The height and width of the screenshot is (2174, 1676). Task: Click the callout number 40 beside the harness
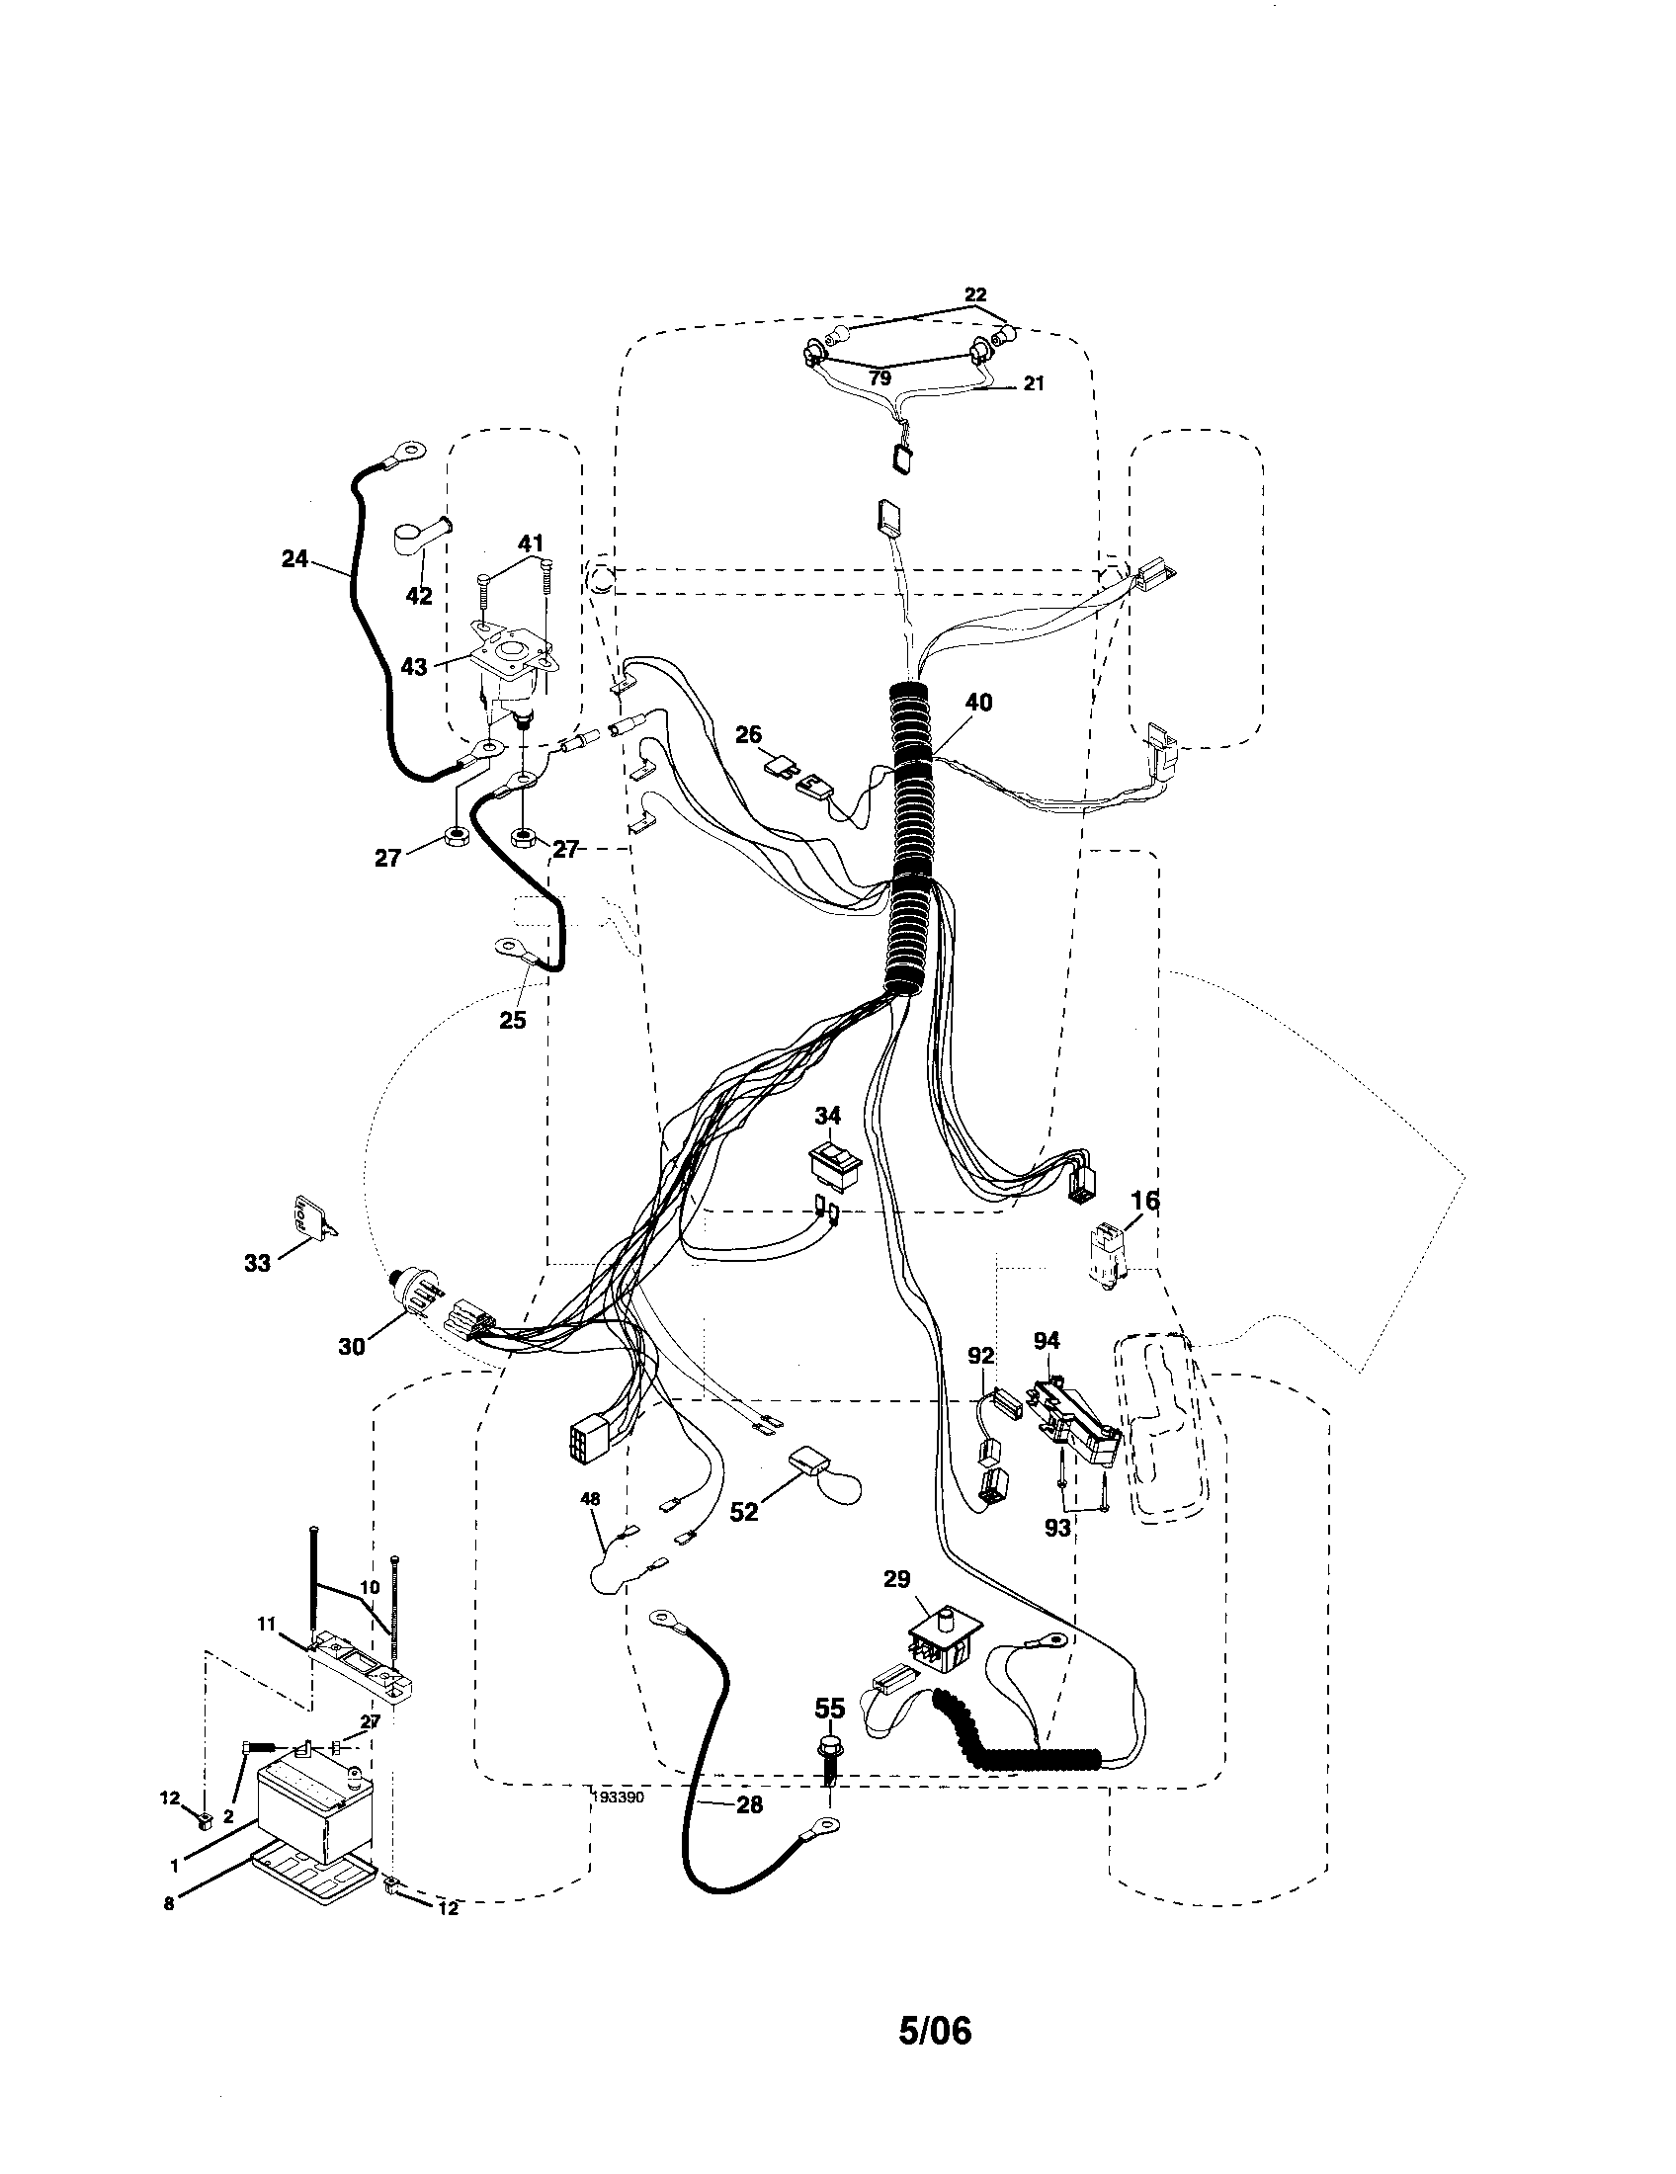pos(977,702)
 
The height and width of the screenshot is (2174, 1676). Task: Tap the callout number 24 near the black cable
pos(294,558)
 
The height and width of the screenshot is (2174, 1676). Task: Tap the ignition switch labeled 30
pos(410,1293)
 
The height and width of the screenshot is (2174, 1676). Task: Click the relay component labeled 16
pos(1107,1259)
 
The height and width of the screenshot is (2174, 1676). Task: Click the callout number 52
pos(743,1511)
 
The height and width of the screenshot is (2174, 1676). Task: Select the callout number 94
pos(1045,1341)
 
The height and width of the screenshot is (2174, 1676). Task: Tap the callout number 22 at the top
pos(974,294)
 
